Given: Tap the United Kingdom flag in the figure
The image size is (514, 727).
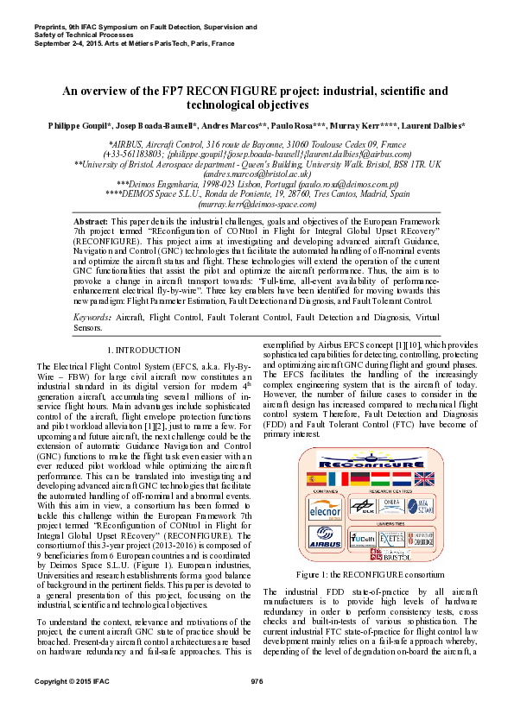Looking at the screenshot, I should point(424,477).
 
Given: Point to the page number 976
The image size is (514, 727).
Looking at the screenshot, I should point(257,682).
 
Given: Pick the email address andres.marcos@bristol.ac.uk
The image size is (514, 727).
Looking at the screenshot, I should point(257,173).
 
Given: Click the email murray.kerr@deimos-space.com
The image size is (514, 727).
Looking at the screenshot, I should point(257,206).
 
